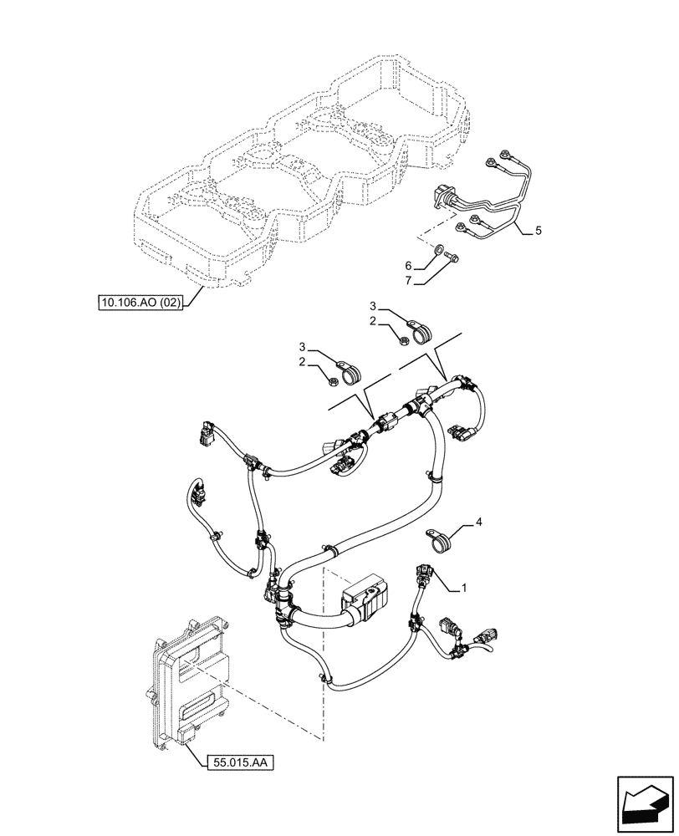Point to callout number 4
[x=478, y=522]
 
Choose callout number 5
[x=539, y=232]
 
